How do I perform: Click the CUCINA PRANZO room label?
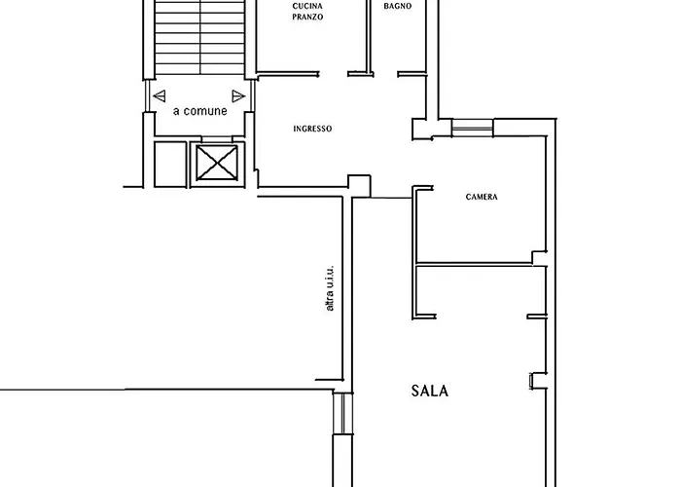306,12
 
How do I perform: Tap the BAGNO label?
397,6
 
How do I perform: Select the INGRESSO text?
312,129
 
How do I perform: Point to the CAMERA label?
482,197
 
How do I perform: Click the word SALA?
429,392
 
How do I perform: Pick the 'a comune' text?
199,111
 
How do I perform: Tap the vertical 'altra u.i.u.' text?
330,288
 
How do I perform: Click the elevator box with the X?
217,162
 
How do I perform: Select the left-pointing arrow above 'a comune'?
160,95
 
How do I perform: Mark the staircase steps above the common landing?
199,39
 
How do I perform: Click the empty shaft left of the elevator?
169,163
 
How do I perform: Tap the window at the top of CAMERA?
472,126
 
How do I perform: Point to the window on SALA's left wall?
340,413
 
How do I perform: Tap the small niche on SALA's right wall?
534,380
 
